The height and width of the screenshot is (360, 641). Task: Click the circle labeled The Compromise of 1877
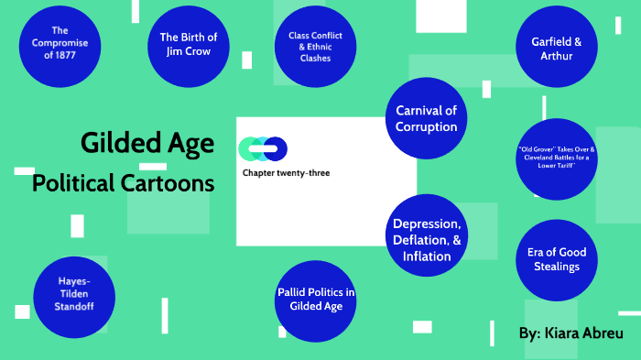coord(60,43)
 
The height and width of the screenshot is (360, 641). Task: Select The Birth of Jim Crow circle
coord(188,43)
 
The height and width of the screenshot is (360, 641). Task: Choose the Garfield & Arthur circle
coord(555,49)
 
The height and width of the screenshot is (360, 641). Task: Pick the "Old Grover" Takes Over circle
coord(556,158)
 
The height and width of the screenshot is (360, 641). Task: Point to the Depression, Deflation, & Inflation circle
coord(427,240)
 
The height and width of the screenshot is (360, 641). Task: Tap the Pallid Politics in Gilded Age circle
coord(316,300)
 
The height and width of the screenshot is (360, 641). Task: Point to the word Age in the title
coord(190,143)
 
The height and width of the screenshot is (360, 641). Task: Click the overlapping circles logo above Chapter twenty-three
coord(263,148)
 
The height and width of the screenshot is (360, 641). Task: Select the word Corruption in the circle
coord(426,127)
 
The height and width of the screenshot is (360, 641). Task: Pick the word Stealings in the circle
coord(557,267)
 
